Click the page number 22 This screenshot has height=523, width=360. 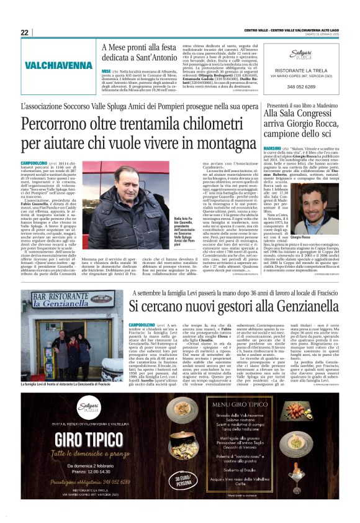[25, 32]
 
